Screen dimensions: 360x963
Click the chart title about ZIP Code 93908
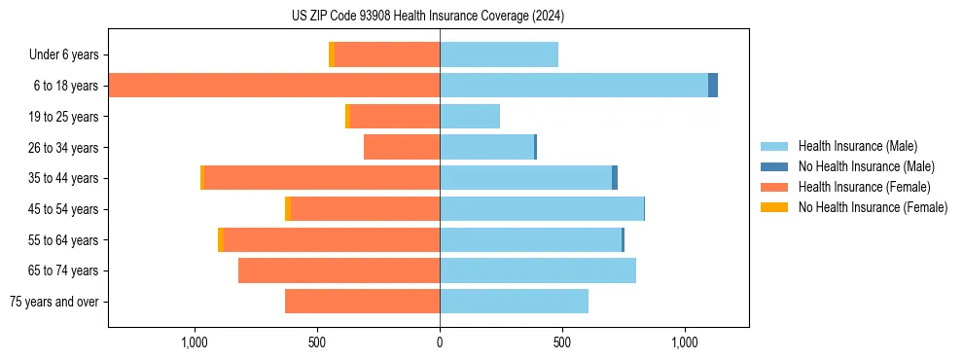coord(428,16)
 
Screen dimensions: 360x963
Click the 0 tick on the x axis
coord(440,342)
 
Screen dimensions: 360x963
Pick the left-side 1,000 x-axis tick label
coord(195,342)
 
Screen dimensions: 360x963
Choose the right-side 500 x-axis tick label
coord(561,342)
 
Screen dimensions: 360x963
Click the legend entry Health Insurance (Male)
coord(857,147)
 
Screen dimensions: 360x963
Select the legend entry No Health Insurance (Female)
coord(873,207)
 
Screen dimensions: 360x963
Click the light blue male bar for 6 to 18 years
coord(574,86)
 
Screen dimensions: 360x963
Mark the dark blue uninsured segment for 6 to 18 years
coord(713,86)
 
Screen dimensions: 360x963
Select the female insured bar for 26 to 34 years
coord(402,147)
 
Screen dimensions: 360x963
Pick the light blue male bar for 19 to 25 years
coord(470,117)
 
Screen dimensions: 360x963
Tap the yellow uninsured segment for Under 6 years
coord(332,54)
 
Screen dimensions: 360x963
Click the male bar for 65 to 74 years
coord(538,270)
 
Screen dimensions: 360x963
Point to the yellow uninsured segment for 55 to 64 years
coord(221,239)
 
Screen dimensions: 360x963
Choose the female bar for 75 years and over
coord(362,302)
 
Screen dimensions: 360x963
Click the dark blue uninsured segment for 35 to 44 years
coord(615,178)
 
